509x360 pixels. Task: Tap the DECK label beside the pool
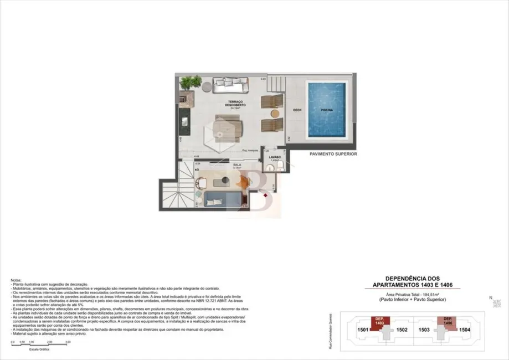point(296,110)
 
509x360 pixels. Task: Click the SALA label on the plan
point(236,164)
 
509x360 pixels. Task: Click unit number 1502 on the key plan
point(403,330)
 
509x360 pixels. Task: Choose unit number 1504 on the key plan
point(465,330)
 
